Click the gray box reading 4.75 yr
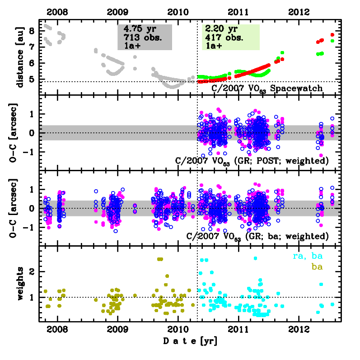(x=145, y=37)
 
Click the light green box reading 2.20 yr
(x=231, y=37)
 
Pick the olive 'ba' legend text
(x=318, y=267)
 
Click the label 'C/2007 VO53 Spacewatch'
(x=267, y=88)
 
